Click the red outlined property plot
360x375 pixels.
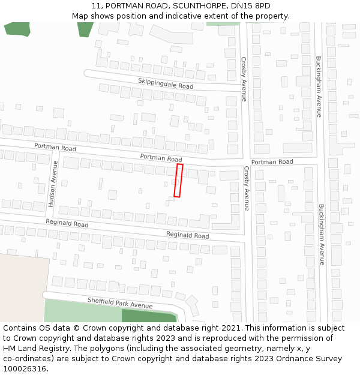pos(178,181)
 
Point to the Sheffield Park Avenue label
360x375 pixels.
pos(120,302)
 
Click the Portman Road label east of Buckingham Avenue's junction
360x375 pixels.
pos(272,162)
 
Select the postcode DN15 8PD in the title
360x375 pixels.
pos(250,6)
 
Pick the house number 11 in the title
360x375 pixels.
pos(96,6)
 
